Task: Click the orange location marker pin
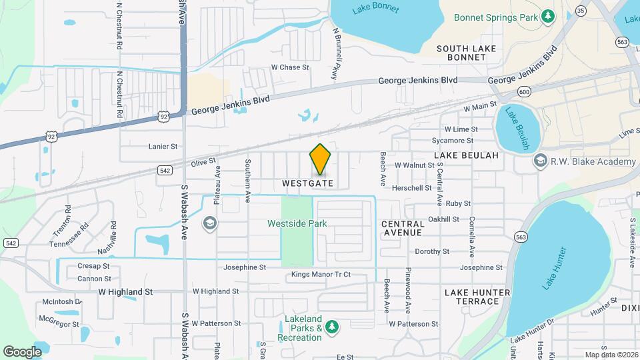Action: click(321, 159)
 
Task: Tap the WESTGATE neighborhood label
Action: click(307, 182)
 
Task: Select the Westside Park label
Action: click(297, 223)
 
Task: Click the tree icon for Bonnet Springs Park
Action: click(547, 16)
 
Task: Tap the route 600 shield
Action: click(524, 91)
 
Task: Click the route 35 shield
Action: click(581, 10)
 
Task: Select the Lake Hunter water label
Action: click(554, 269)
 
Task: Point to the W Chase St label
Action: click(290, 67)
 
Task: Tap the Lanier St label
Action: click(163, 146)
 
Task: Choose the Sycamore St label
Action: click(453, 141)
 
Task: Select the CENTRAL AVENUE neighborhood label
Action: click(403, 228)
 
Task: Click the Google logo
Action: click(22, 351)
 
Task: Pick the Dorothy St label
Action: click(433, 251)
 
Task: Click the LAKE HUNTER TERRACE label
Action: click(472, 297)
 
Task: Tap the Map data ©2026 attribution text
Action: click(611, 355)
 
